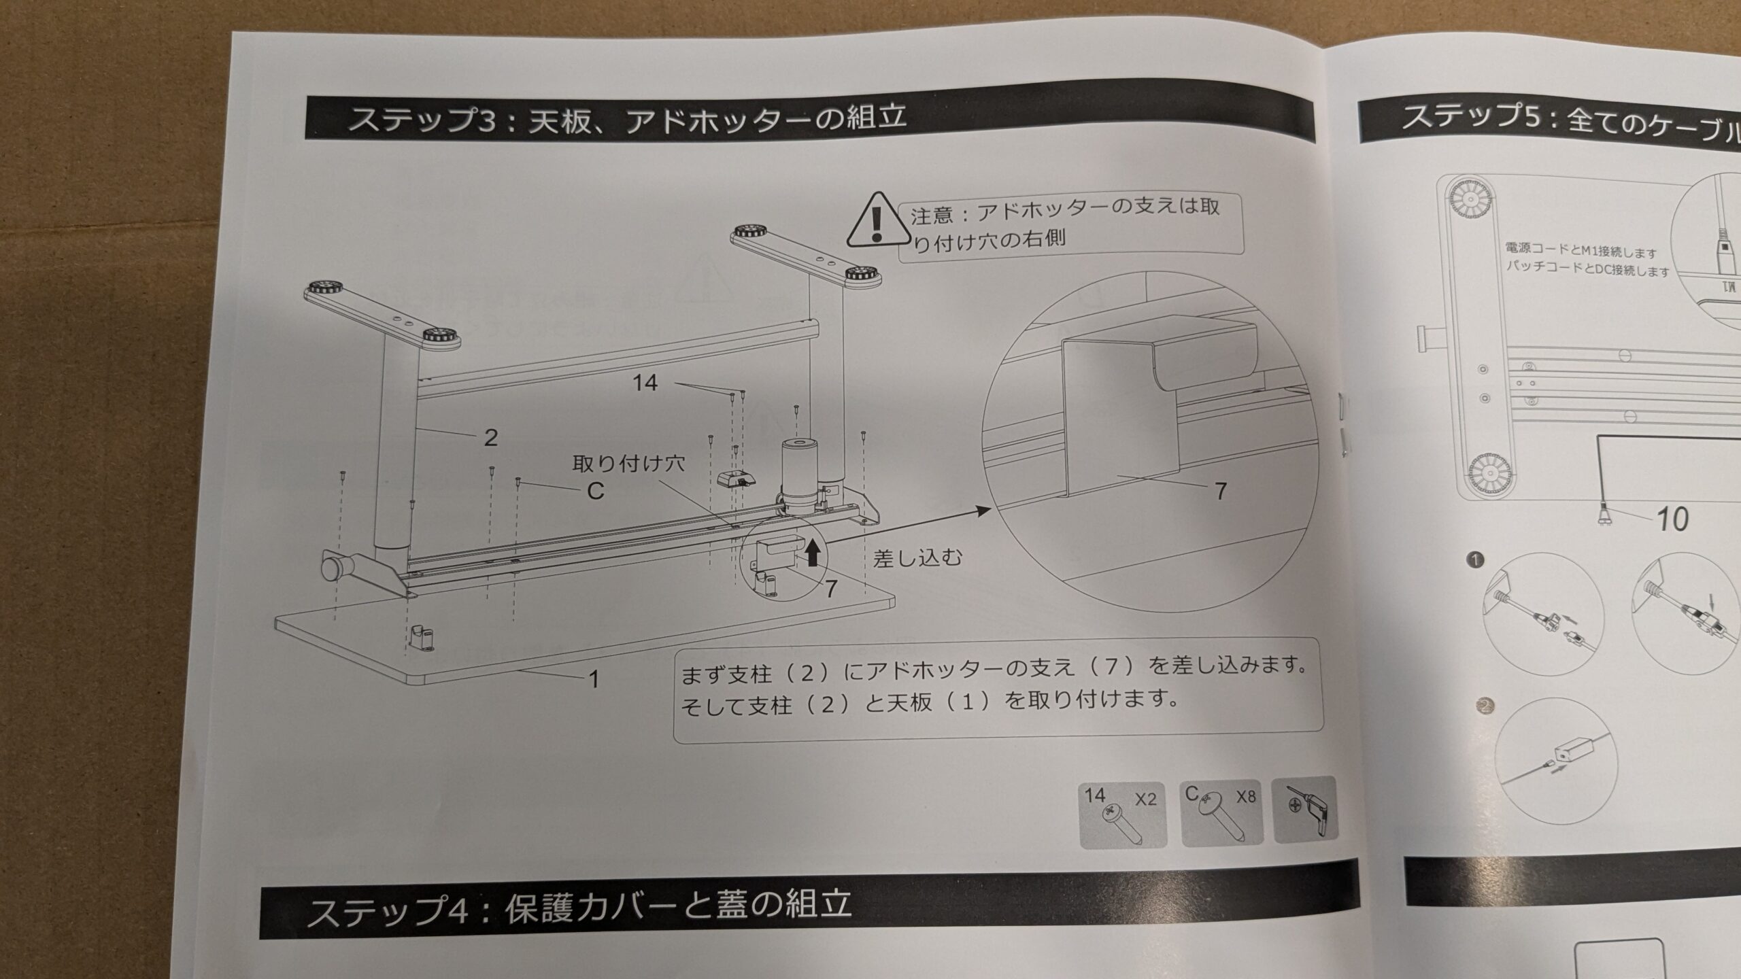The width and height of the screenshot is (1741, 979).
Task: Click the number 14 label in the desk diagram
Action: click(x=645, y=383)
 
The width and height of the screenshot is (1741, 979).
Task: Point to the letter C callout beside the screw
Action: click(x=595, y=491)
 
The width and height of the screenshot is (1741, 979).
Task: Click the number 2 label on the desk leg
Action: click(x=490, y=437)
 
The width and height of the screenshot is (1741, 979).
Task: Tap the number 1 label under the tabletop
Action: click(x=594, y=679)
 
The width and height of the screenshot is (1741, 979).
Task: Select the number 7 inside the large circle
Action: click(x=1221, y=491)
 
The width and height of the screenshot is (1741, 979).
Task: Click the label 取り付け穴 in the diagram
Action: click(x=628, y=464)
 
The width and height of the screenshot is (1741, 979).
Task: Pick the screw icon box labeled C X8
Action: click(x=1222, y=812)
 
